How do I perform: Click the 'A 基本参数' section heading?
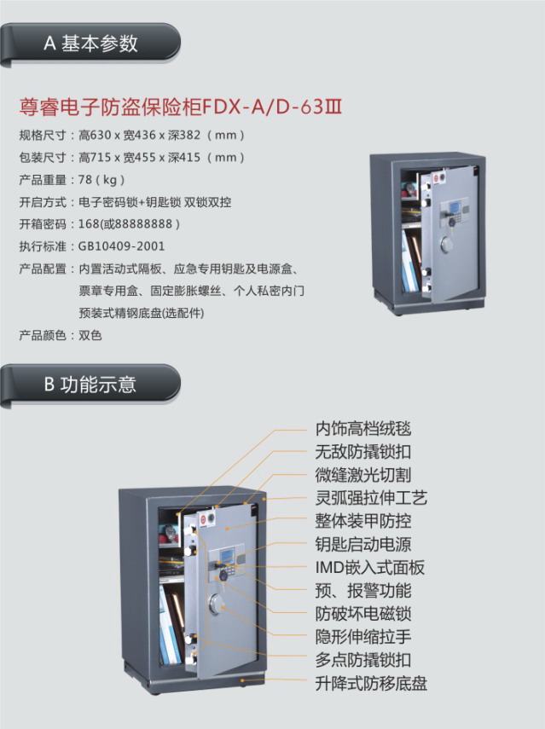(x=90, y=43)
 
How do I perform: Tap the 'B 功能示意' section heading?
(x=90, y=385)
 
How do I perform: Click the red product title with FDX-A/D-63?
(x=181, y=107)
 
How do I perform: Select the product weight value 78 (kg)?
(x=101, y=179)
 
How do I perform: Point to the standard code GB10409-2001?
(x=121, y=246)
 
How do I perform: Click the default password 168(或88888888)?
(x=129, y=224)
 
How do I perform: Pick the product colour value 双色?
(x=90, y=335)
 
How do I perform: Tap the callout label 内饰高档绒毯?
(x=363, y=429)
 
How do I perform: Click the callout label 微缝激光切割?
(x=363, y=475)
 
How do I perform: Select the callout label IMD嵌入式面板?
(x=369, y=568)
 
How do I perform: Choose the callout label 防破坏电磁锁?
(x=363, y=614)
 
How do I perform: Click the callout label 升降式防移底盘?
(x=371, y=684)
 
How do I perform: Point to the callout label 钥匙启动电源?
(x=363, y=545)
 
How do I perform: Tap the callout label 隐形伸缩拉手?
(x=363, y=637)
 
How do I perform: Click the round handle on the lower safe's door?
(x=217, y=603)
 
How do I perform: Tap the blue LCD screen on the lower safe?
(x=227, y=556)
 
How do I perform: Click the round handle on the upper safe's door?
(x=447, y=244)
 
